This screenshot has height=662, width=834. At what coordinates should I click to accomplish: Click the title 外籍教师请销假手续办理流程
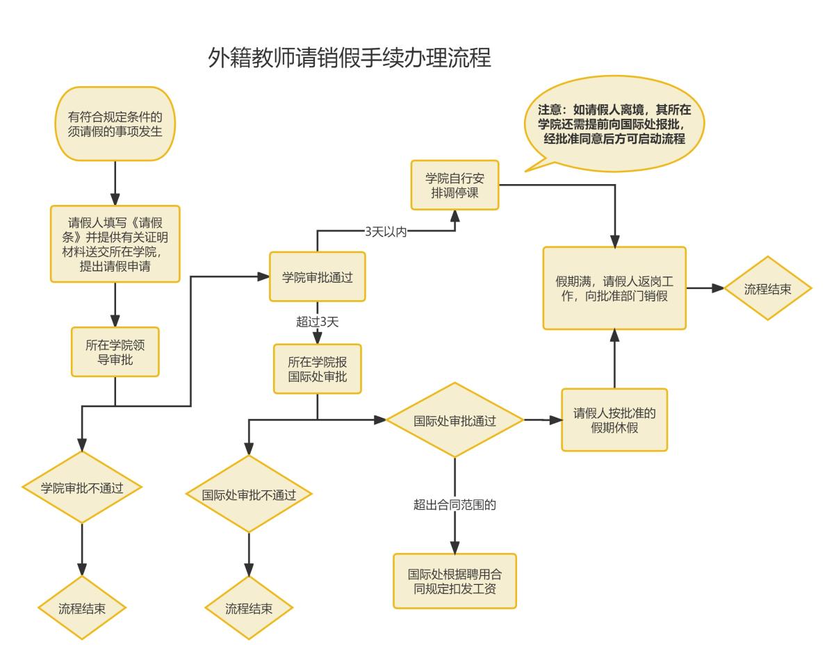(350, 57)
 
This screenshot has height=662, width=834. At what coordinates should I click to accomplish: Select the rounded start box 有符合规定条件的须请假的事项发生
(115, 124)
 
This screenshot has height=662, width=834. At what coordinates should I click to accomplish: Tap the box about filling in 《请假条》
(115, 243)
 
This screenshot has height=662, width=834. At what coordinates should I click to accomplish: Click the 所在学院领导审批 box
(115, 352)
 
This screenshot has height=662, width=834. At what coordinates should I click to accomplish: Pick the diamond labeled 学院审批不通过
(83, 487)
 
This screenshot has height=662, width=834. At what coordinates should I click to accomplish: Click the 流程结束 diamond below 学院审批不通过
(83, 608)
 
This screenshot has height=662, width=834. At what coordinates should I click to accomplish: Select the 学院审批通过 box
(318, 277)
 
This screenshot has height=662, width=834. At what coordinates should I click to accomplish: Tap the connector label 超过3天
(317, 322)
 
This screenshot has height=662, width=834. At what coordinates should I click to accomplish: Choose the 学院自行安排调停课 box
(455, 185)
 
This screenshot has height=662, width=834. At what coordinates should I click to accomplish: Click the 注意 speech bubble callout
(612, 124)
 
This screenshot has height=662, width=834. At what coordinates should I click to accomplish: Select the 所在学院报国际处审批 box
(318, 370)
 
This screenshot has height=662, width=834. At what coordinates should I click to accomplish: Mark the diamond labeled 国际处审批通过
(455, 420)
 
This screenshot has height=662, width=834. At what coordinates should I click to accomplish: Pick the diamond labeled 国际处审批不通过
(249, 495)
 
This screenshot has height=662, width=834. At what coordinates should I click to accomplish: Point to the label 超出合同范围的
(455, 505)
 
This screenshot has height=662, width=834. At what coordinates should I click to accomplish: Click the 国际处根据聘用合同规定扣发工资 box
(455, 581)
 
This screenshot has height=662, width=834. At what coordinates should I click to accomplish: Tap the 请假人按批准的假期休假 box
(614, 420)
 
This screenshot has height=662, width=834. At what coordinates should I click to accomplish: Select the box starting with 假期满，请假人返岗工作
(614, 288)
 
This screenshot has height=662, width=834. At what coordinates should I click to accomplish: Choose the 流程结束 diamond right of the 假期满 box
(767, 288)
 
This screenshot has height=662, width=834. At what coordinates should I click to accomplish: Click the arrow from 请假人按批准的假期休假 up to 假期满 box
(614, 360)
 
